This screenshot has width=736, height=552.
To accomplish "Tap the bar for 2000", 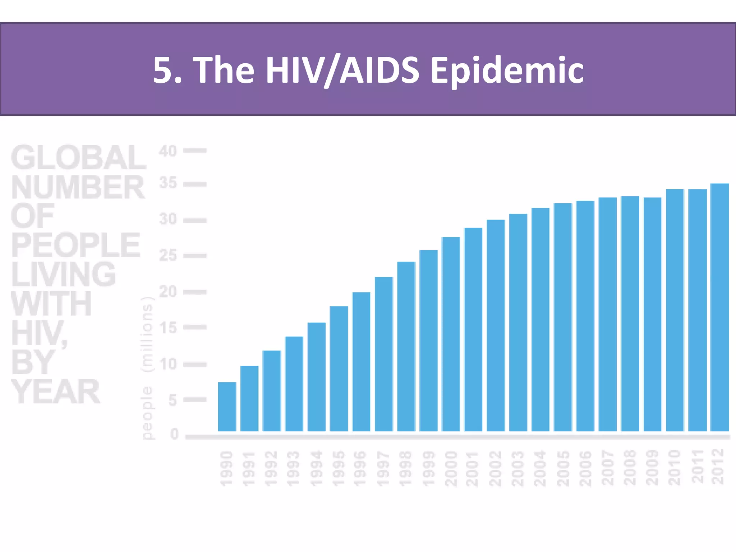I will pyautogui.click(x=451, y=334).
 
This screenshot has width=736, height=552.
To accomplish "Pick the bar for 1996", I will pyautogui.click(x=361, y=362).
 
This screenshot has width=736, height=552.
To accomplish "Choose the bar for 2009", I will pyautogui.click(x=652, y=314).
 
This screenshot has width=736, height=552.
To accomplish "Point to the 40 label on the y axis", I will pyautogui.click(x=167, y=151).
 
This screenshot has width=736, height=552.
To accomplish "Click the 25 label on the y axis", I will pyautogui.click(x=168, y=256).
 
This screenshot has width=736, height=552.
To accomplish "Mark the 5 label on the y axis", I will pyautogui.click(x=172, y=400).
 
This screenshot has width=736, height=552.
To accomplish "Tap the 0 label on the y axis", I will pyautogui.click(x=174, y=434).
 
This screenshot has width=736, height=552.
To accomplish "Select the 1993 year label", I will pyautogui.click(x=293, y=469).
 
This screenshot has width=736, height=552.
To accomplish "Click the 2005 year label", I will pyautogui.click(x=563, y=469).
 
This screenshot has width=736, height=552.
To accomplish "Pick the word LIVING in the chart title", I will pyautogui.click(x=63, y=275).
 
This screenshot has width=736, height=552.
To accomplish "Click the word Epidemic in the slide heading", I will pyautogui.click(x=507, y=70).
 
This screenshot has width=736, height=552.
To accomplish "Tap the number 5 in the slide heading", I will pyautogui.click(x=164, y=70).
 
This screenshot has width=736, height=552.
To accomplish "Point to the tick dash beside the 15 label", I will pyautogui.click(x=195, y=327).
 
